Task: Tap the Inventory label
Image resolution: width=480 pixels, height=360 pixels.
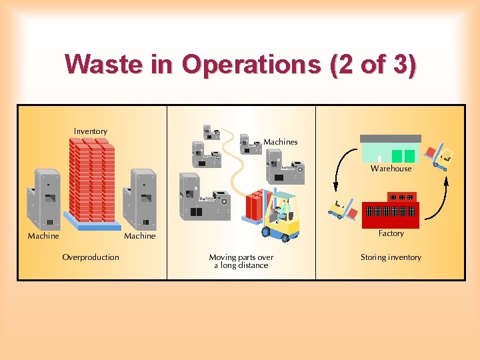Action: pos(91,131)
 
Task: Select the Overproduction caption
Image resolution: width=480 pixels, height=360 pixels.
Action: pos(91,257)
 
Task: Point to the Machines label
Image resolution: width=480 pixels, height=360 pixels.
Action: pos(281,142)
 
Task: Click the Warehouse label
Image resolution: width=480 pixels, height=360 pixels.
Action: pos(391,169)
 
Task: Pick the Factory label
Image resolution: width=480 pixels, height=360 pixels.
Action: pos(391,233)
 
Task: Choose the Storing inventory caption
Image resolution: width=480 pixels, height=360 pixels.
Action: pos(391,257)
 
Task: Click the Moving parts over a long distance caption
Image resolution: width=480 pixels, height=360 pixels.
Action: pos(241,261)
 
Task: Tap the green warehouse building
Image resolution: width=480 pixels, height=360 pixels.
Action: pos(391,149)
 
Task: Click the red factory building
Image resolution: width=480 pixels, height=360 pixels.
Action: pos(390,209)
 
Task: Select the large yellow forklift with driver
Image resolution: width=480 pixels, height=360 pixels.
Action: pos(281,215)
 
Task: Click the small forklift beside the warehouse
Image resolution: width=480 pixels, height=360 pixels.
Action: pos(439,157)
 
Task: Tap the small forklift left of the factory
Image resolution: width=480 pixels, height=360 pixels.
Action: pos(343,209)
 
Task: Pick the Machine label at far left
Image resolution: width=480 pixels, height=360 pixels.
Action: pos(43,236)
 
